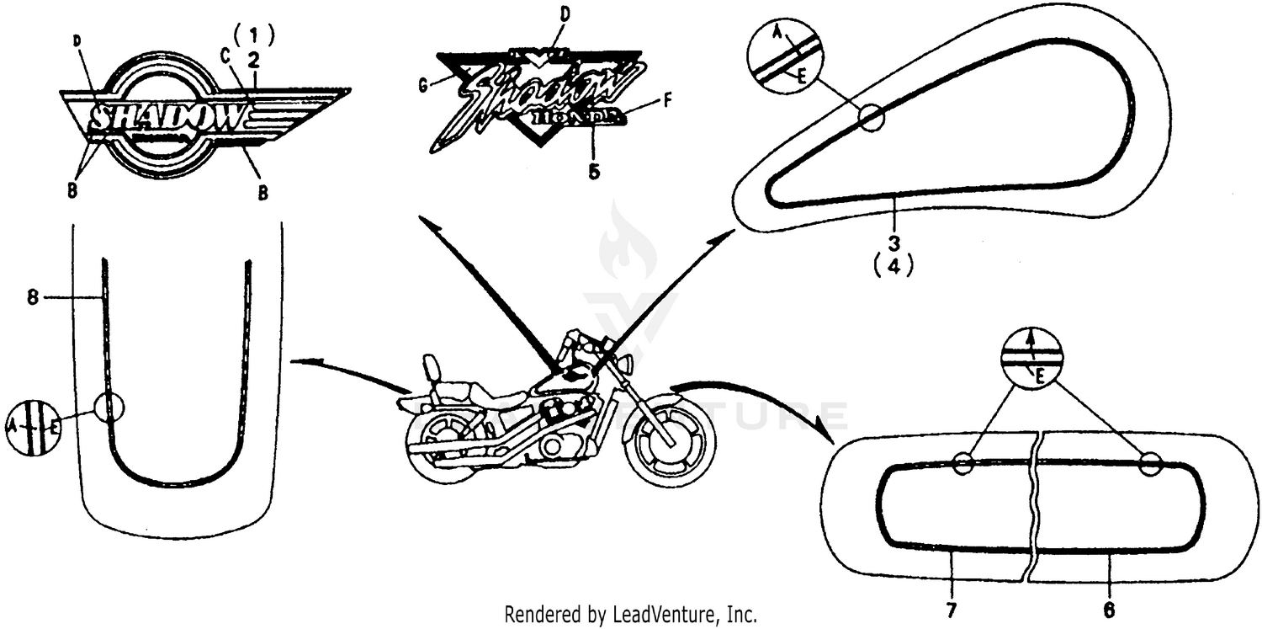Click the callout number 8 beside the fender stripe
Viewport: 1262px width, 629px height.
click(32, 297)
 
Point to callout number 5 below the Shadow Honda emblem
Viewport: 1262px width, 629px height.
click(594, 170)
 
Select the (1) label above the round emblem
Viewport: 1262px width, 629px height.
click(254, 35)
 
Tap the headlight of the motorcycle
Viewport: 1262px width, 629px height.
click(625, 365)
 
